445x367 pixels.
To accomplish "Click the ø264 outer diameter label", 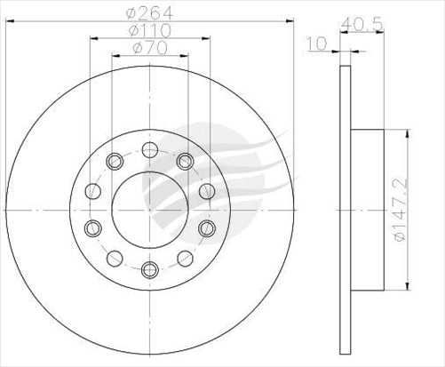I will [x=148, y=12].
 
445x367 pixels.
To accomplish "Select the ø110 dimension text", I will [x=148, y=29].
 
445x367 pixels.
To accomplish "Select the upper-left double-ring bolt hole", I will [x=113, y=161].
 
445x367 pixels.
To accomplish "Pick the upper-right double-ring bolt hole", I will [x=184, y=161].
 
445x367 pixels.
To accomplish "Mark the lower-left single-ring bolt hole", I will [x=113, y=258].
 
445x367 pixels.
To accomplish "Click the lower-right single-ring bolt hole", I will [x=184, y=258].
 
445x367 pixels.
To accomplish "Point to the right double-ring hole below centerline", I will [x=207, y=228].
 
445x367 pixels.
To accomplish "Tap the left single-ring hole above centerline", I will [x=91, y=190].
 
